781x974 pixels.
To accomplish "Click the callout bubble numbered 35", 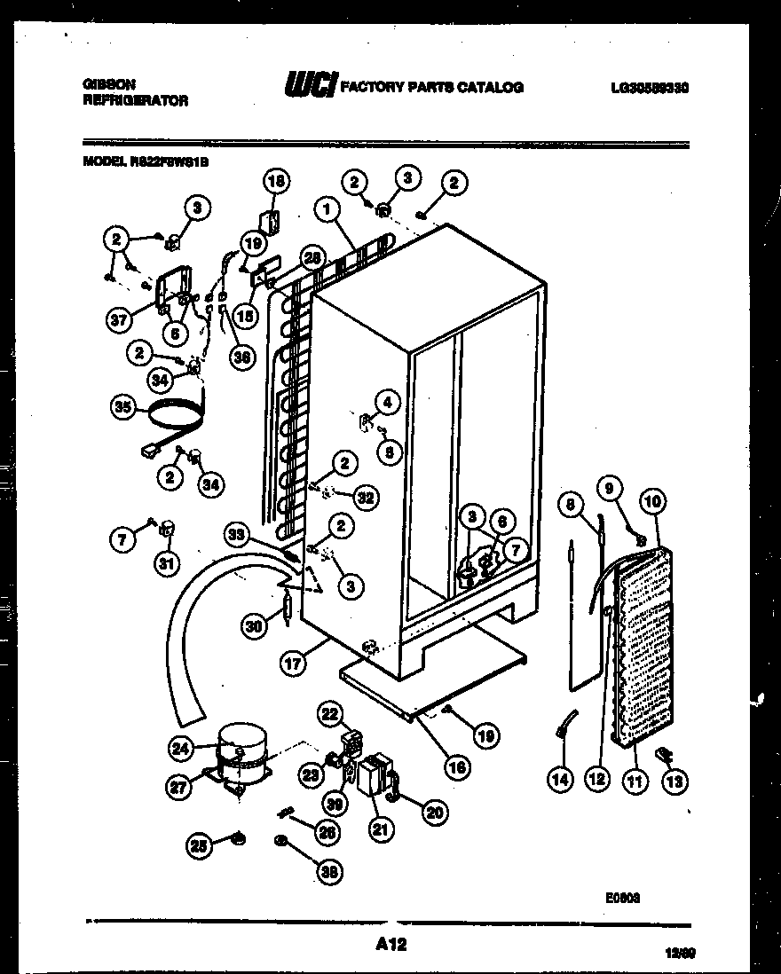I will tap(122, 408).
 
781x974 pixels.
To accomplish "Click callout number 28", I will tap(311, 257).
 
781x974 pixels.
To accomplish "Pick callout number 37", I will tap(120, 320).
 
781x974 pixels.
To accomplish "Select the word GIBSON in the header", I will tap(108, 84).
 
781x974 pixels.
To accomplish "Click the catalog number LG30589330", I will tap(650, 88).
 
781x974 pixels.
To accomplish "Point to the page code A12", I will tap(390, 946).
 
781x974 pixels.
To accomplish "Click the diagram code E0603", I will tap(623, 897).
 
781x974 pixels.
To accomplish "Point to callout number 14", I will tap(560, 781).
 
